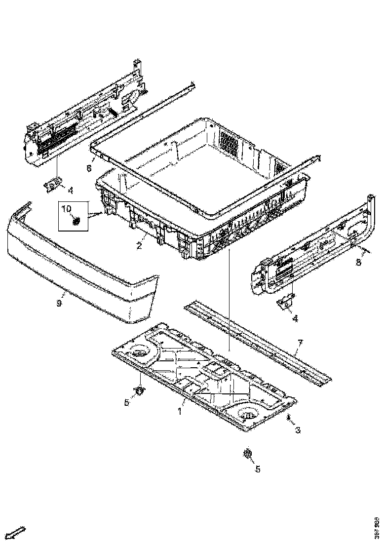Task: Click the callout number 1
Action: pos(180,411)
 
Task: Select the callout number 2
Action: pos(140,245)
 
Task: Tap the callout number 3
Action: pos(298,430)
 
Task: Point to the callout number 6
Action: pos(89,168)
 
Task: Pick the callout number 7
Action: pos(300,343)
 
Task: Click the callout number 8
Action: pos(359,262)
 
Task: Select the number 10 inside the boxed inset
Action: pos(66,209)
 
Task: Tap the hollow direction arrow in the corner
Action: pos(18,532)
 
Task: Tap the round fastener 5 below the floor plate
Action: pos(248,454)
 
